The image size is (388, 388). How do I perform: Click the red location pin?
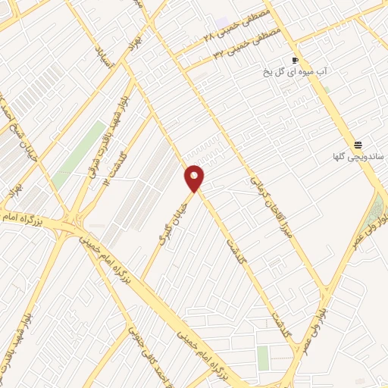click(195, 177)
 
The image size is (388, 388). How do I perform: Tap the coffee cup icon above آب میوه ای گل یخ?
click(295, 60)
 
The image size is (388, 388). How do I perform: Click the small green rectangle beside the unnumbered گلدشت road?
click(263, 357)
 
